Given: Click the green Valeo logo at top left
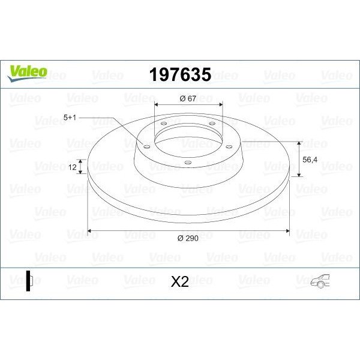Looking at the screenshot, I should tap(27, 71).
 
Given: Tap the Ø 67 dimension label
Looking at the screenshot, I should tap(189, 99).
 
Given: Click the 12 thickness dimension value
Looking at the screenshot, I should tap(73, 168).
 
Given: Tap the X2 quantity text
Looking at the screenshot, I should tap(179, 281).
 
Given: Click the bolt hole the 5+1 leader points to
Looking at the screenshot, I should tap(146, 144).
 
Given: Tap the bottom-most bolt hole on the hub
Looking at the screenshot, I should tap(187, 161).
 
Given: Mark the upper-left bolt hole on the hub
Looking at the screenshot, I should tap(163, 124).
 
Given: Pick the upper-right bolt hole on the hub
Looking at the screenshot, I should tap(211, 124).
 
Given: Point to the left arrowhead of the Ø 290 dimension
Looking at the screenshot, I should tap(90, 230).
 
